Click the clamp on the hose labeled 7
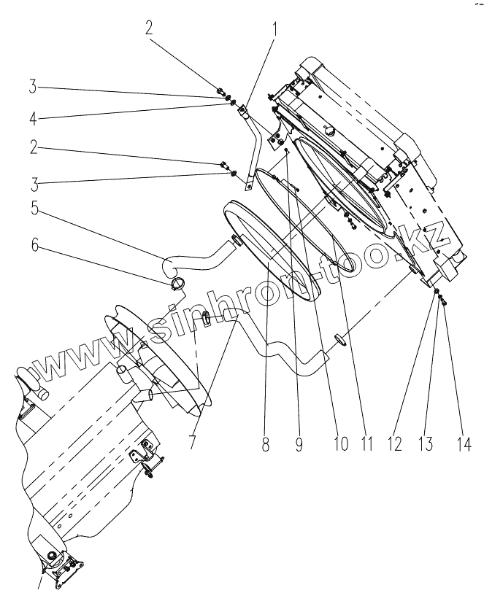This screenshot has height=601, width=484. (207, 318)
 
